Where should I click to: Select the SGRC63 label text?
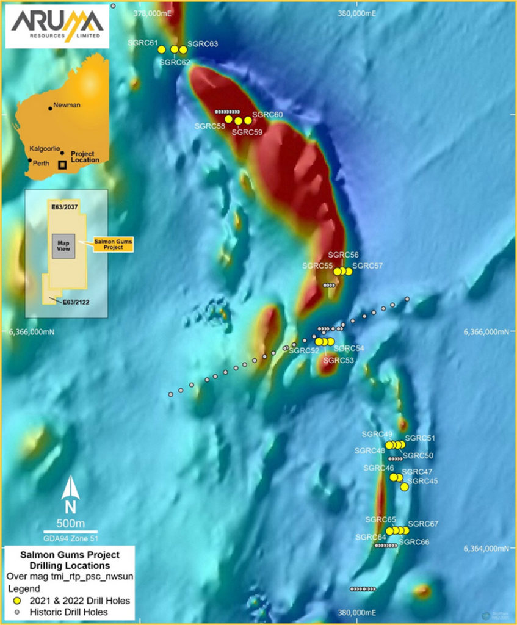203,44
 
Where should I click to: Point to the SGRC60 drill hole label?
267,115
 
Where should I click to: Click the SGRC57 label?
367,266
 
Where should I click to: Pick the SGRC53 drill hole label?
338,361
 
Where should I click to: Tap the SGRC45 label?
422,481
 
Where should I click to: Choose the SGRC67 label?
424,524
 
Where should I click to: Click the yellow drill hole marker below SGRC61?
162,49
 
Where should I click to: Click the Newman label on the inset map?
67,105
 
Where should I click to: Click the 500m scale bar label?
70,524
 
